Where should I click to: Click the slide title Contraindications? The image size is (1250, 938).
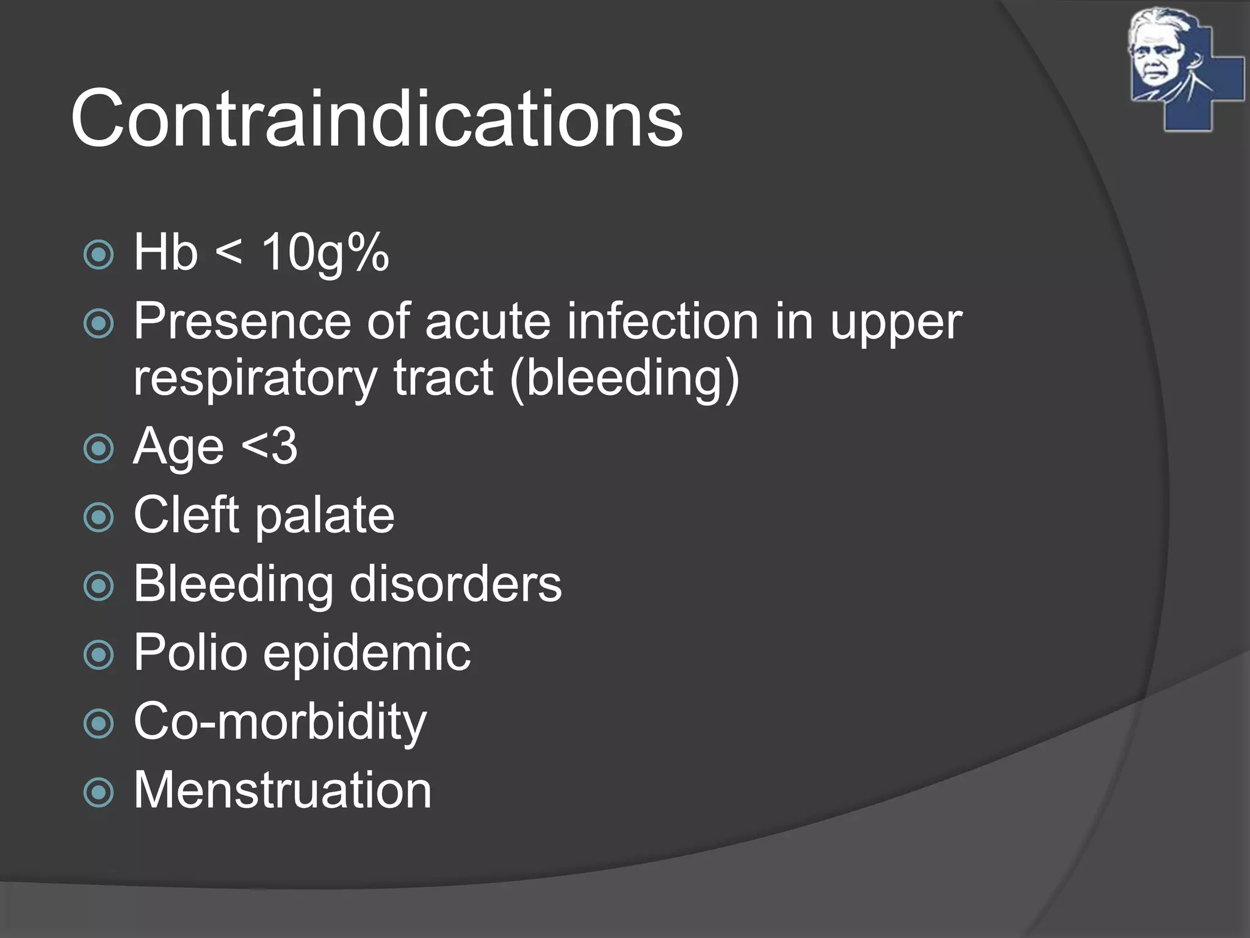(x=377, y=118)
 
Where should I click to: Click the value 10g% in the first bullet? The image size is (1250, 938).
(x=325, y=253)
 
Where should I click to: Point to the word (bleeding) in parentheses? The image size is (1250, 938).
(x=624, y=379)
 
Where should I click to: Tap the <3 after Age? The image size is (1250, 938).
(x=269, y=446)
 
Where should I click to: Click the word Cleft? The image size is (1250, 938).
(x=186, y=515)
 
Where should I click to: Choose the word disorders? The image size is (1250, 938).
(x=455, y=584)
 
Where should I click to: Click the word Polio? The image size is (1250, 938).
(x=190, y=653)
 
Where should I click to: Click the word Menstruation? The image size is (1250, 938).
(x=283, y=790)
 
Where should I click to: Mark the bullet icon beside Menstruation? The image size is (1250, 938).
(x=99, y=793)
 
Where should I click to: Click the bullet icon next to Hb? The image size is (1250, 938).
(x=99, y=255)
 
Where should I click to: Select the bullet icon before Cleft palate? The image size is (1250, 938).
(x=99, y=518)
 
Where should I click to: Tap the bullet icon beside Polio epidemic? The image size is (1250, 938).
(x=99, y=655)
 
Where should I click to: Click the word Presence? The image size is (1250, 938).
(x=242, y=322)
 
